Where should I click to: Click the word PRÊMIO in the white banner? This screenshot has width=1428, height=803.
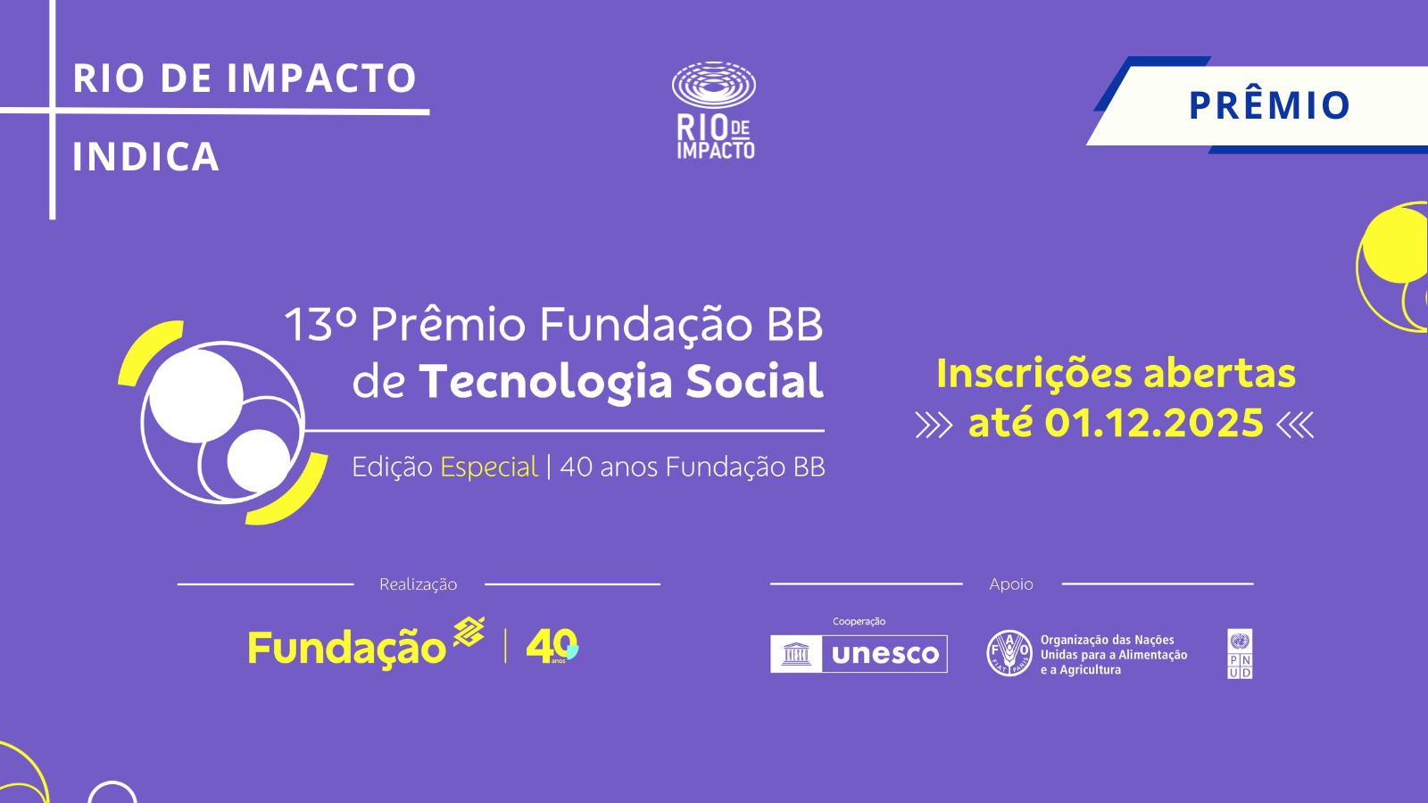click(x=1269, y=105)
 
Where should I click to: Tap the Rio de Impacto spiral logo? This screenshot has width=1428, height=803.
click(x=714, y=85)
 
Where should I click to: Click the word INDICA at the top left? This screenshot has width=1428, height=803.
click(x=146, y=156)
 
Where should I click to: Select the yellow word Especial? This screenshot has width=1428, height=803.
click(x=489, y=468)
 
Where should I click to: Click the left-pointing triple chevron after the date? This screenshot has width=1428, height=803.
click(x=1295, y=425)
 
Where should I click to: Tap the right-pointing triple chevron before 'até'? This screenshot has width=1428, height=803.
click(x=934, y=425)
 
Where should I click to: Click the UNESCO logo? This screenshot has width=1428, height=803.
click(x=859, y=654)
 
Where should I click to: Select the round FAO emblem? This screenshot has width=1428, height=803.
click(x=1009, y=653)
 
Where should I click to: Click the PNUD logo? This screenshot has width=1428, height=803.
click(x=1240, y=654)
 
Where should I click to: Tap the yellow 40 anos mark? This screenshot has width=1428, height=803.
click(x=552, y=646)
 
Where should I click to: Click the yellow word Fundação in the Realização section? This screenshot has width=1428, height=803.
click(x=347, y=649)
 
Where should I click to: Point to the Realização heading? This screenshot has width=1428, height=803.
click(x=419, y=584)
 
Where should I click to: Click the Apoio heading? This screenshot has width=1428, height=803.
click(x=1011, y=584)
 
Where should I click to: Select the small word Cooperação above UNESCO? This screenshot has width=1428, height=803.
click(x=859, y=621)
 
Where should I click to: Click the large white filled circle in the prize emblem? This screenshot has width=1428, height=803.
click(x=195, y=396)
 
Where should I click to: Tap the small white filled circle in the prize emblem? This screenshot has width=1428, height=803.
click(x=259, y=460)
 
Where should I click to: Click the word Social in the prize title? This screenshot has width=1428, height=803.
click(x=755, y=381)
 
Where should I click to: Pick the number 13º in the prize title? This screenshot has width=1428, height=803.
click(x=320, y=325)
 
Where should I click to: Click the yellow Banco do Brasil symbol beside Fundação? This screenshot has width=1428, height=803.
click(x=469, y=633)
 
